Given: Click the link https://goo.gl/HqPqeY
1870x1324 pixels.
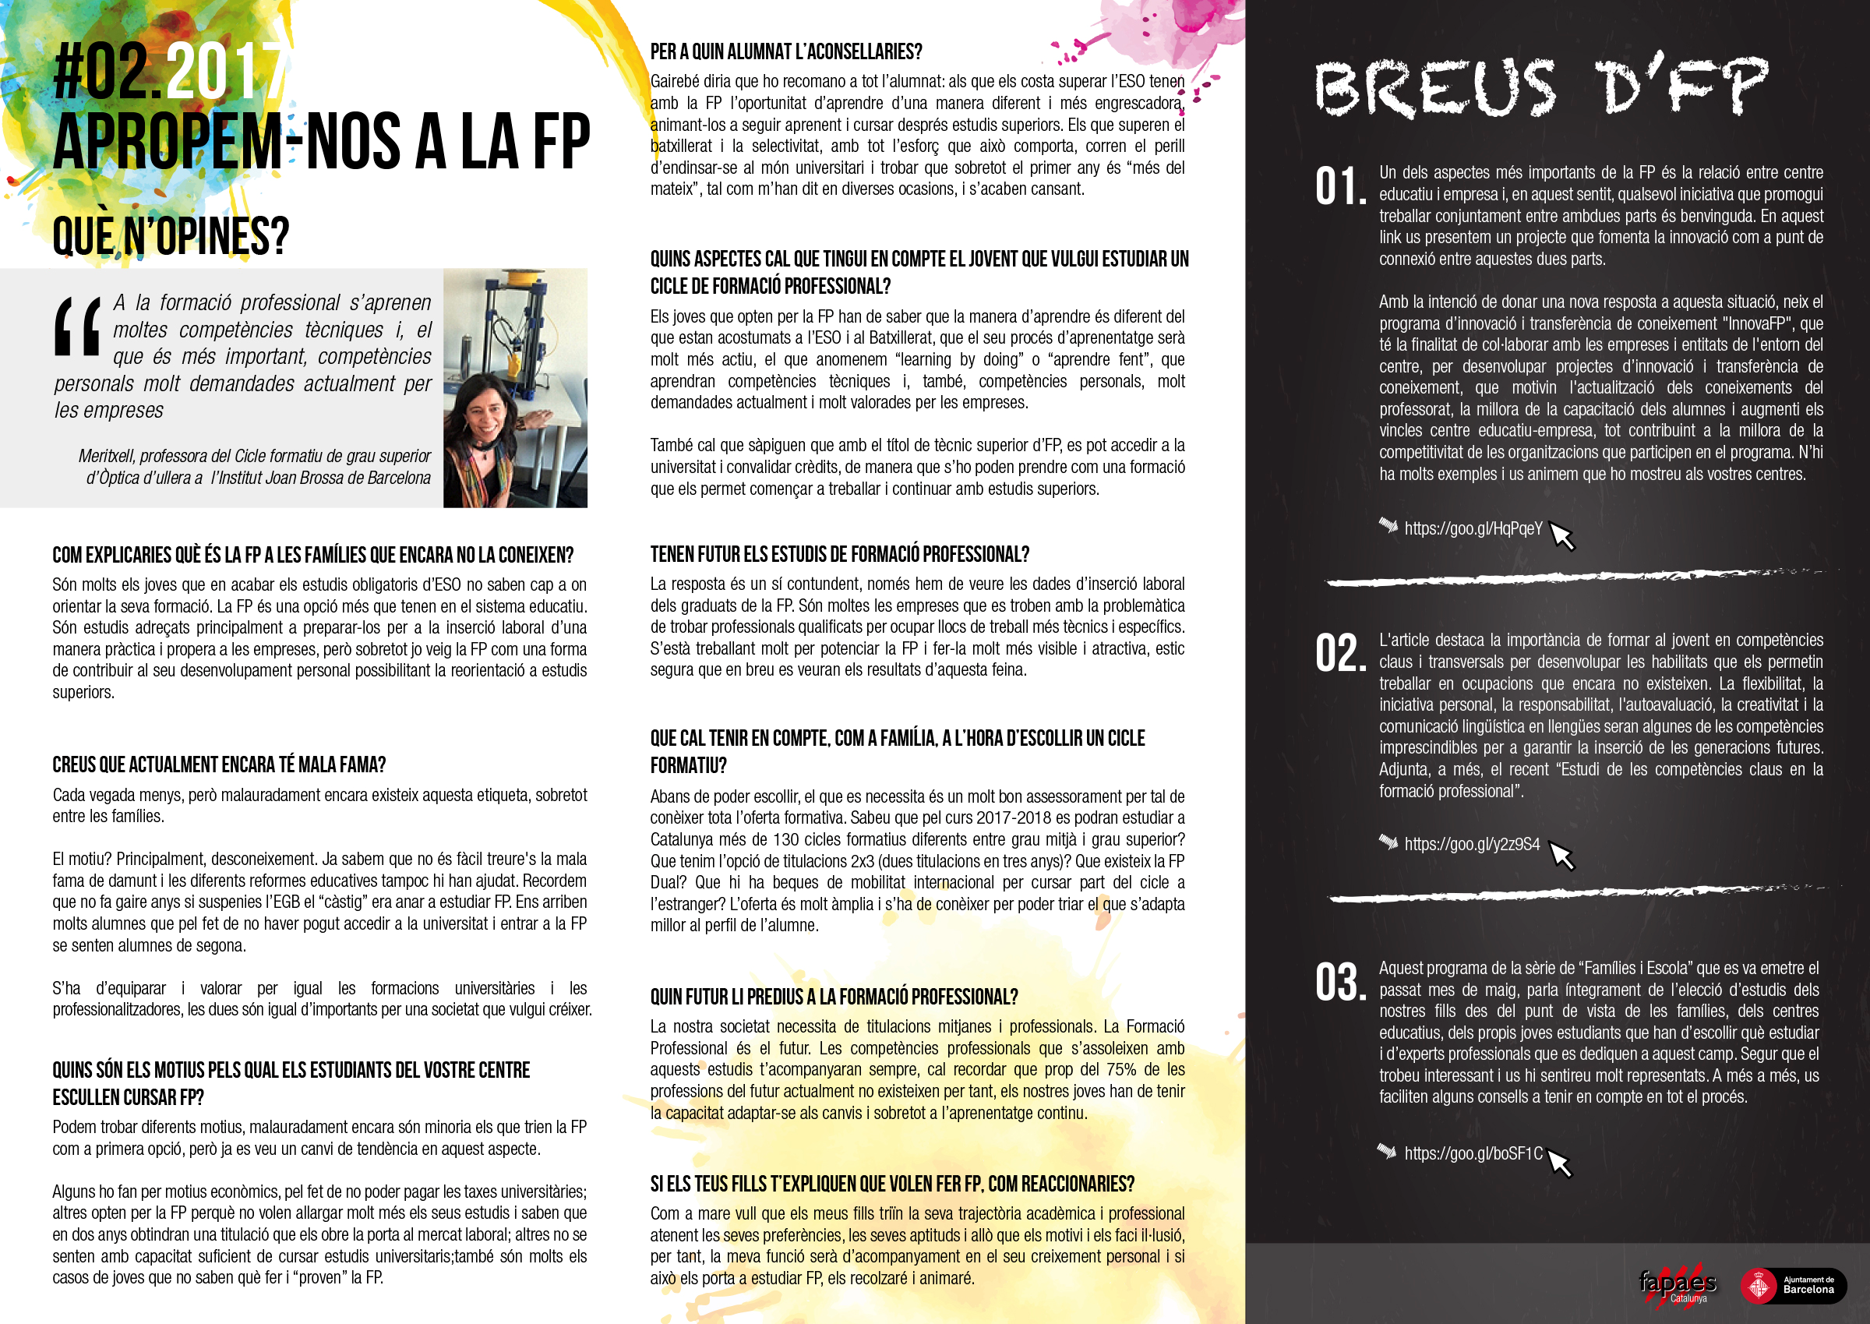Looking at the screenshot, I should (x=1472, y=528).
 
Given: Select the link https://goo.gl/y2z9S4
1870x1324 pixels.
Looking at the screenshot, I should (x=1471, y=844).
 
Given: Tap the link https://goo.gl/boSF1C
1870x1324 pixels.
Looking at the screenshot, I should (x=1472, y=1153).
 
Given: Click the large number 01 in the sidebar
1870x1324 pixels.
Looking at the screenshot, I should (x=1339, y=186).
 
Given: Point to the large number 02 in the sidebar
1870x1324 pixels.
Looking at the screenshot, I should (x=1339, y=654).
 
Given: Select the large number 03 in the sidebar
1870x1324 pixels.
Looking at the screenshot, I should (x=1339, y=983).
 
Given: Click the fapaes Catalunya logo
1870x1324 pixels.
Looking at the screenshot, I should (x=1678, y=1285).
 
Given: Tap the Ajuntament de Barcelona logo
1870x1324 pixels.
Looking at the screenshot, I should (x=1793, y=1286).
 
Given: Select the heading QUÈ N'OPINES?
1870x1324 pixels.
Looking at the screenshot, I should (x=171, y=236).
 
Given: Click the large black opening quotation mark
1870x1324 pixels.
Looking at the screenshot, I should (x=77, y=326).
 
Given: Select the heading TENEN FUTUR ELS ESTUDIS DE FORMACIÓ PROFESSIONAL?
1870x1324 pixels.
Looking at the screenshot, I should (x=839, y=554).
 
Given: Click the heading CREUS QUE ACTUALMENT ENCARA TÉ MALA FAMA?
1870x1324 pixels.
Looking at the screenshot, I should (x=218, y=764).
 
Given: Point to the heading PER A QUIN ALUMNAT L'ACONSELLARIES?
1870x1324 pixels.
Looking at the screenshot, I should (x=786, y=52).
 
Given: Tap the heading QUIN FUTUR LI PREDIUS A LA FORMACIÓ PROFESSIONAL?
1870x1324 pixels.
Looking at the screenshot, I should (x=833, y=996).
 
